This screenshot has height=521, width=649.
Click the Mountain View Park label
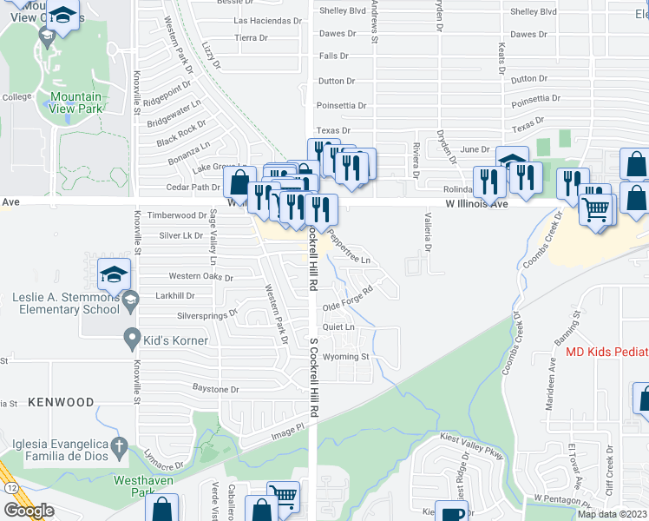75,102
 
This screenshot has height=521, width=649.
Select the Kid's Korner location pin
131,337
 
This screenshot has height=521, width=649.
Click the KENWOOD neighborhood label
61,402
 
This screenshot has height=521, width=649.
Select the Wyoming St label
346,357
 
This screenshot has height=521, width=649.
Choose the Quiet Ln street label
338,327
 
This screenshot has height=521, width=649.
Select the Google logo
29,510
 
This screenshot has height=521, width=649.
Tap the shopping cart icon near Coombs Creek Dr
595,209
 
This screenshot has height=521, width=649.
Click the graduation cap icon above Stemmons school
114,274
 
